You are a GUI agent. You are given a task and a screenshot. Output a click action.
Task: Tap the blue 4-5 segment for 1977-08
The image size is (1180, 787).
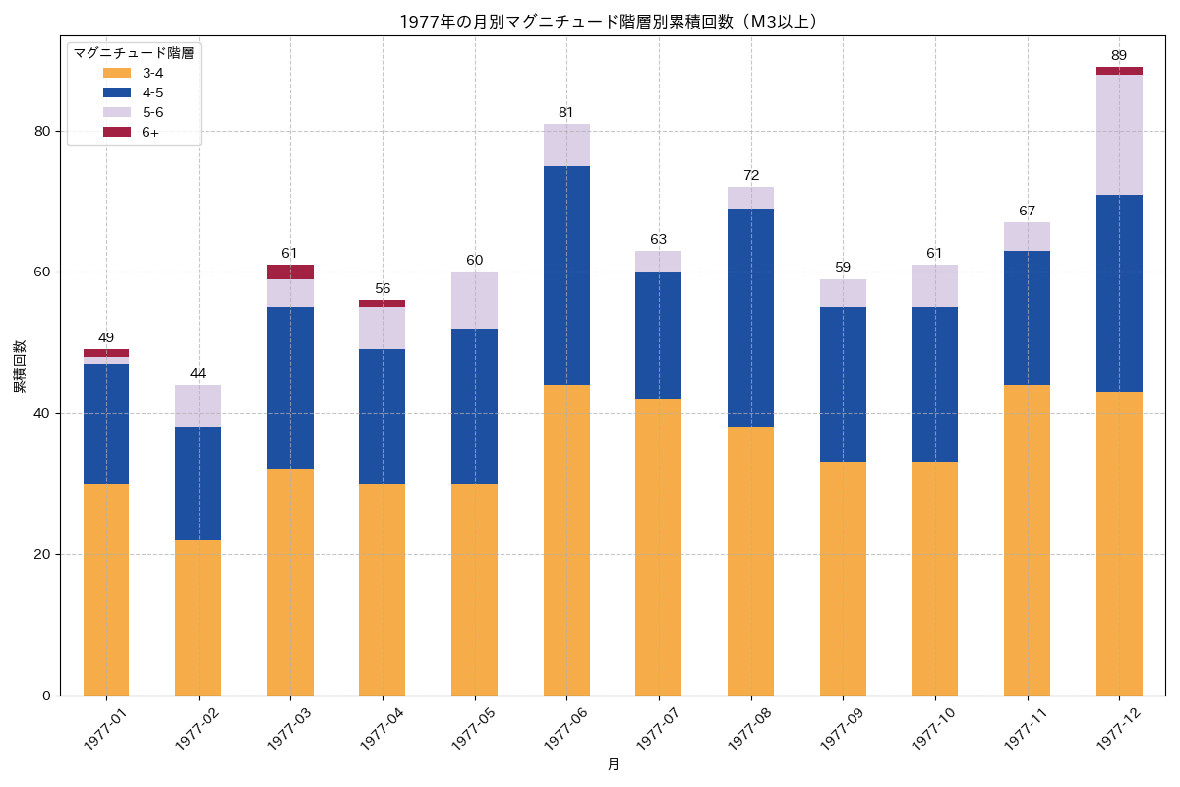point(750,318)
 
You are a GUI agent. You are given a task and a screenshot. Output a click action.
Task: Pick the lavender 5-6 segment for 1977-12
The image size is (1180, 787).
point(1119,135)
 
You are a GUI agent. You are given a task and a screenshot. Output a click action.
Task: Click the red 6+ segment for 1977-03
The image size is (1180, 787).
point(290,272)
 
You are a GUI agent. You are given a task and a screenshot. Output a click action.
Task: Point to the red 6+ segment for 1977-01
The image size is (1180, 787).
point(106,353)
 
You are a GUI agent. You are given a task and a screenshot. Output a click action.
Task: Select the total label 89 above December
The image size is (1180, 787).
point(1119,56)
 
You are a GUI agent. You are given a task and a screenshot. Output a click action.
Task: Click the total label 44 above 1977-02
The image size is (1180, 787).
point(198,374)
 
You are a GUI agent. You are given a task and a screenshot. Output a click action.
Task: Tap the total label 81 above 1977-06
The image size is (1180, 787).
point(566,113)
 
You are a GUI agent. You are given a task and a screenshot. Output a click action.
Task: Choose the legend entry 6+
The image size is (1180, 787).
point(150,132)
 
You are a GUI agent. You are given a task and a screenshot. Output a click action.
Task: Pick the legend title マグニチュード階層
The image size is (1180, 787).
point(134,53)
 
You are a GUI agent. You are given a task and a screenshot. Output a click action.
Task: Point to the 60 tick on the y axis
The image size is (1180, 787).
point(42,272)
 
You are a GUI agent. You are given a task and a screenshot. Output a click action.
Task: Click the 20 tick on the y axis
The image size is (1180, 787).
point(42,555)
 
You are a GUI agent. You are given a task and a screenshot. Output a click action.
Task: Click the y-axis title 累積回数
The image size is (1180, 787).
point(20,366)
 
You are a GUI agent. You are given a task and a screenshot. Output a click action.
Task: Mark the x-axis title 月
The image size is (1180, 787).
point(613,764)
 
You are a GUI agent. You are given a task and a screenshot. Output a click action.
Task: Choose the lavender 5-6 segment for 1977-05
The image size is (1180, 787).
point(474,300)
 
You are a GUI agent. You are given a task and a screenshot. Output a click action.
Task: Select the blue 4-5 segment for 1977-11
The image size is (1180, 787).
point(1027,318)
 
